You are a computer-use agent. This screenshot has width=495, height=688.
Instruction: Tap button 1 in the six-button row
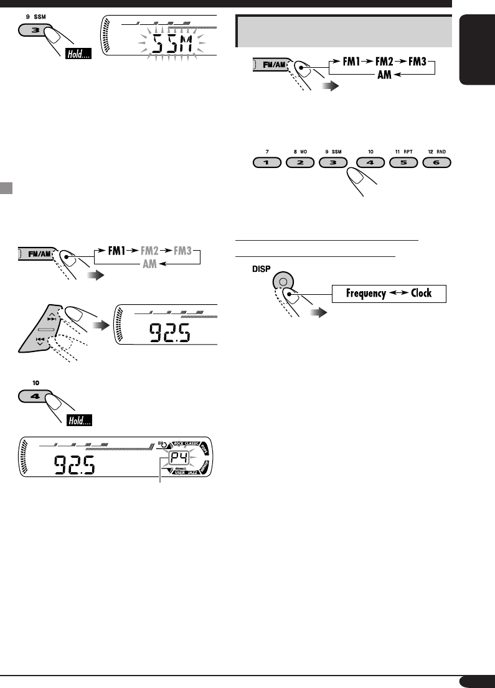coord(266,164)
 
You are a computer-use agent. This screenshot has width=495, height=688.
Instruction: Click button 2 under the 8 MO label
coord(300,164)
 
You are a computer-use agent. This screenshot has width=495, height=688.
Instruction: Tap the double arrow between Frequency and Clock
coord(399,293)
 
